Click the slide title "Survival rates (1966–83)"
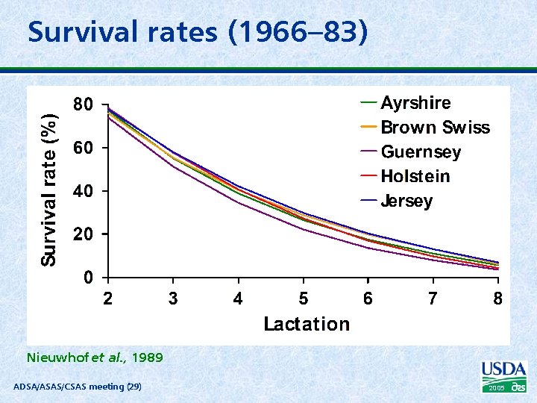(198, 32)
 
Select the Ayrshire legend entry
(415, 103)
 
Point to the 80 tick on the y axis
(83, 105)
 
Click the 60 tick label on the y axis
(83, 149)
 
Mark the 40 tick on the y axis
(83, 192)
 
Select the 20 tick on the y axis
(83, 235)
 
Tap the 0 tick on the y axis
(89, 278)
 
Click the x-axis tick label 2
(108, 299)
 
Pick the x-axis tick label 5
(303, 299)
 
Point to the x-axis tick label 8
(497, 299)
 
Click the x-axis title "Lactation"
(306, 324)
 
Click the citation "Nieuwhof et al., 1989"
(94, 357)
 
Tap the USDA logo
(504, 371)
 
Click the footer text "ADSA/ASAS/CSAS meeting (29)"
(78, 386)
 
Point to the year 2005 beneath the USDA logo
(497, 388)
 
